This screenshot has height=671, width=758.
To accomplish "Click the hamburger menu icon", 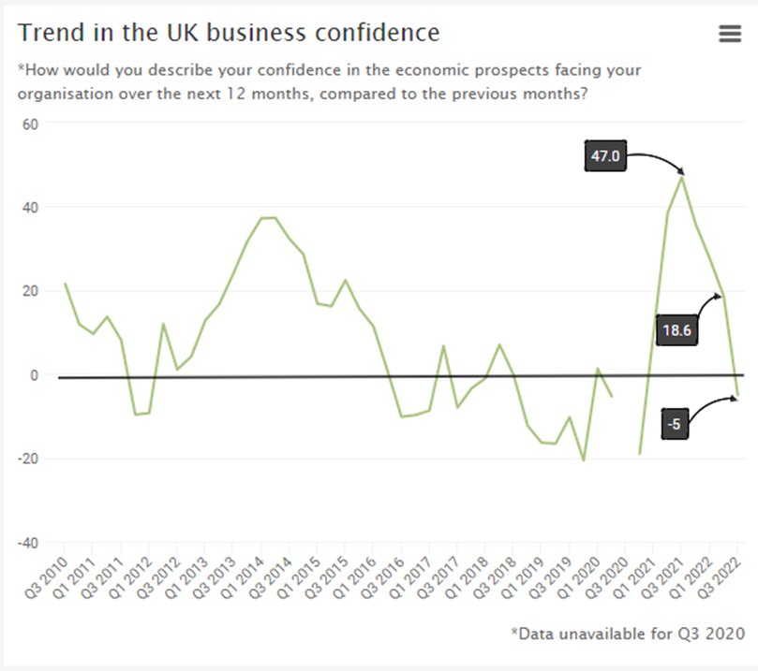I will [729, 34].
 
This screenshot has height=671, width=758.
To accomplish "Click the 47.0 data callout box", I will [604, 156].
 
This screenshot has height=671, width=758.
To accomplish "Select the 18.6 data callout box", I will [677, 329].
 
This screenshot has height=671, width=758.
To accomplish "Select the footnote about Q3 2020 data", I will [627, 634].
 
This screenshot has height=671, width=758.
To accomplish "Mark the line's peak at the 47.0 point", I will [682, 176].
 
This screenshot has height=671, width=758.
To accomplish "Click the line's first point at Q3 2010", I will [65, 284].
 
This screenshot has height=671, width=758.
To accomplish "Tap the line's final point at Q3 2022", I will [737, 396].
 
